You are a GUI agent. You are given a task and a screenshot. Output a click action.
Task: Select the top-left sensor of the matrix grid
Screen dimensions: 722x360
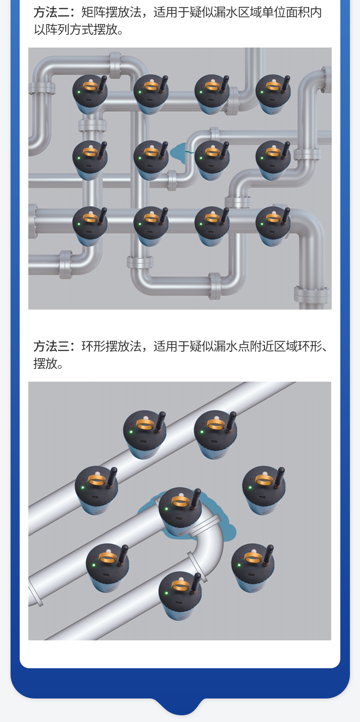(90, 94)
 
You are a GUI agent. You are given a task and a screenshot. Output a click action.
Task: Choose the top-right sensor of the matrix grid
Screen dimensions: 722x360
(273, 94)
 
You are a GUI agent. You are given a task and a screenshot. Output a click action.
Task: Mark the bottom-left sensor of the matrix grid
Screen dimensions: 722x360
(90, 226)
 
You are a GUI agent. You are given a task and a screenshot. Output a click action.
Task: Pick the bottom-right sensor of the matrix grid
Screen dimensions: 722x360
(273, 226)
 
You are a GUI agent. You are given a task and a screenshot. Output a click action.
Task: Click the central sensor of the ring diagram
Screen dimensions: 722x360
(180, 511)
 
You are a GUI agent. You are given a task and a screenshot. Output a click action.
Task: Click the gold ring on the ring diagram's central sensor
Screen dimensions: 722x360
(180, 502)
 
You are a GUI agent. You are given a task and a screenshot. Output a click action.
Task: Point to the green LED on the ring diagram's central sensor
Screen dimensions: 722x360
(167, 508)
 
